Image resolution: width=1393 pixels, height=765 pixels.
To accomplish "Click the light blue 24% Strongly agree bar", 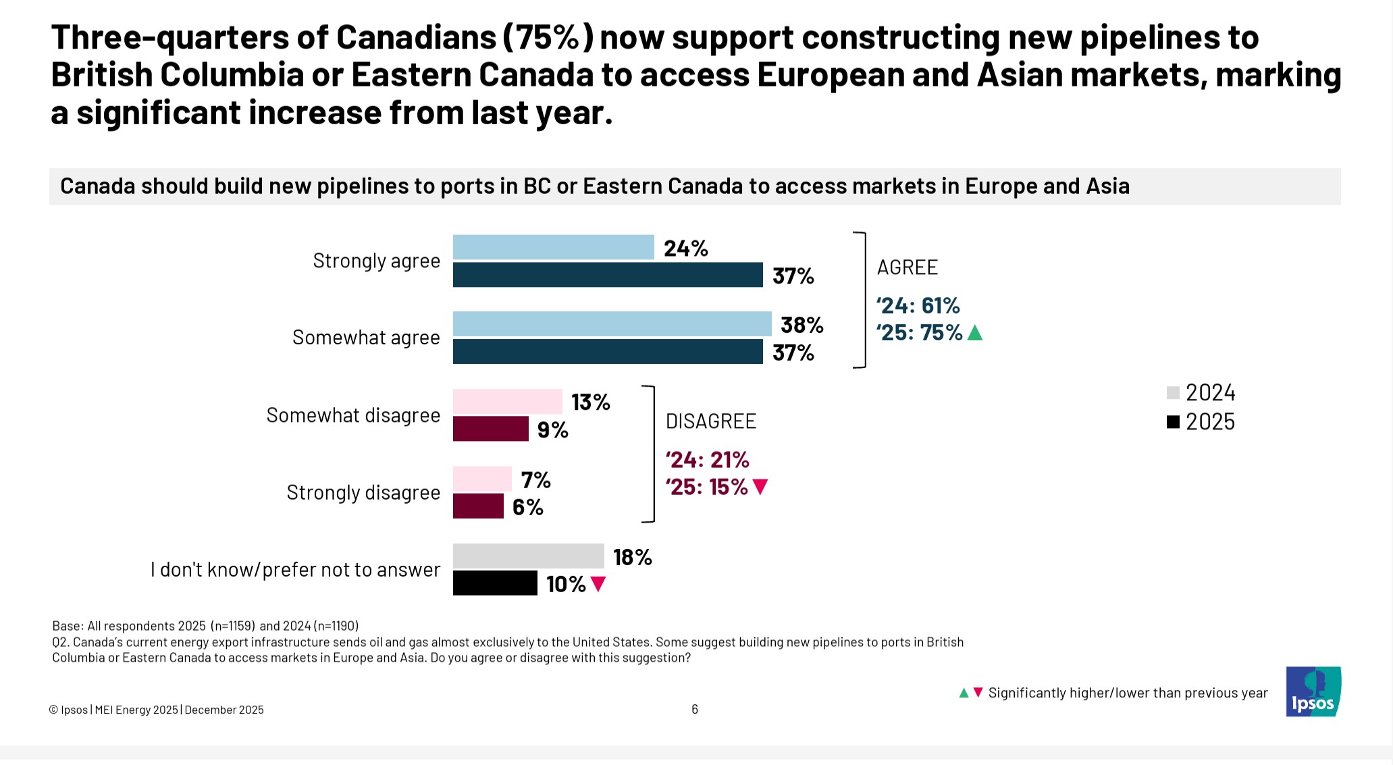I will click(553, 247).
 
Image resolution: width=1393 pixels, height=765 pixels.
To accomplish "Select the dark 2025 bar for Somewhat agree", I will click(607, 352).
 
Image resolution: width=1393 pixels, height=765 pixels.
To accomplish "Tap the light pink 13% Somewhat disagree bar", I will click(507, 402).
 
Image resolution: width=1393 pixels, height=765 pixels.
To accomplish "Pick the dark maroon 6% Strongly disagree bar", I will click(478, 506).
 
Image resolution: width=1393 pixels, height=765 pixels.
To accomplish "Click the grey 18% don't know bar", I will click(528, 556).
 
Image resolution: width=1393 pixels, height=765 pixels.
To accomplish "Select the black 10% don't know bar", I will click(494, 583).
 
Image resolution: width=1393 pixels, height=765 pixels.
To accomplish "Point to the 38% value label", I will click(801, 325).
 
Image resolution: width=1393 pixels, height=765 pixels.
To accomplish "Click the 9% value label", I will click(552, 430).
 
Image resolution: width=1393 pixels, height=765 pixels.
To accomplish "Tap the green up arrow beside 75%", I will click(974, 333).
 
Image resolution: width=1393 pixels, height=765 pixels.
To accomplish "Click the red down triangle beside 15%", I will click(760, 487).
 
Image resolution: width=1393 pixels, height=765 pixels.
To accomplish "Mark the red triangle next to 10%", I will click(598, 584).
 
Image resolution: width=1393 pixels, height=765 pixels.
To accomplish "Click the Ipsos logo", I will click(1313, 692).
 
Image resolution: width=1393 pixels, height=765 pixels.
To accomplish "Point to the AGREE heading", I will click(907, 267).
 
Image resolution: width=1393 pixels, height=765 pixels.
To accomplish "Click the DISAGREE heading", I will click(710, 421).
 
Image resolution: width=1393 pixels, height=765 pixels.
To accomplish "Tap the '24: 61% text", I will click(918, 306).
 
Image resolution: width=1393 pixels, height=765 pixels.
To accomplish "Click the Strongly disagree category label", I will click(363, 493).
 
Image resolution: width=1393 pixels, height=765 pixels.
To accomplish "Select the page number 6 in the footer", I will click(694, 709).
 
